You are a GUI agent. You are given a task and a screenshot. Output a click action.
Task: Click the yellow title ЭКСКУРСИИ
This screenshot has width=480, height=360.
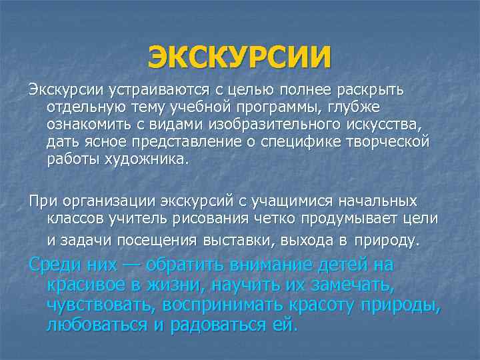click(239, 57)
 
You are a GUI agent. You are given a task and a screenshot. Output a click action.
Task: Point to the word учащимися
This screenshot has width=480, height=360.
click(291, 201)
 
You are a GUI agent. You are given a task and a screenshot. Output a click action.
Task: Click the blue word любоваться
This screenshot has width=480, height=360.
click(95, 326)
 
